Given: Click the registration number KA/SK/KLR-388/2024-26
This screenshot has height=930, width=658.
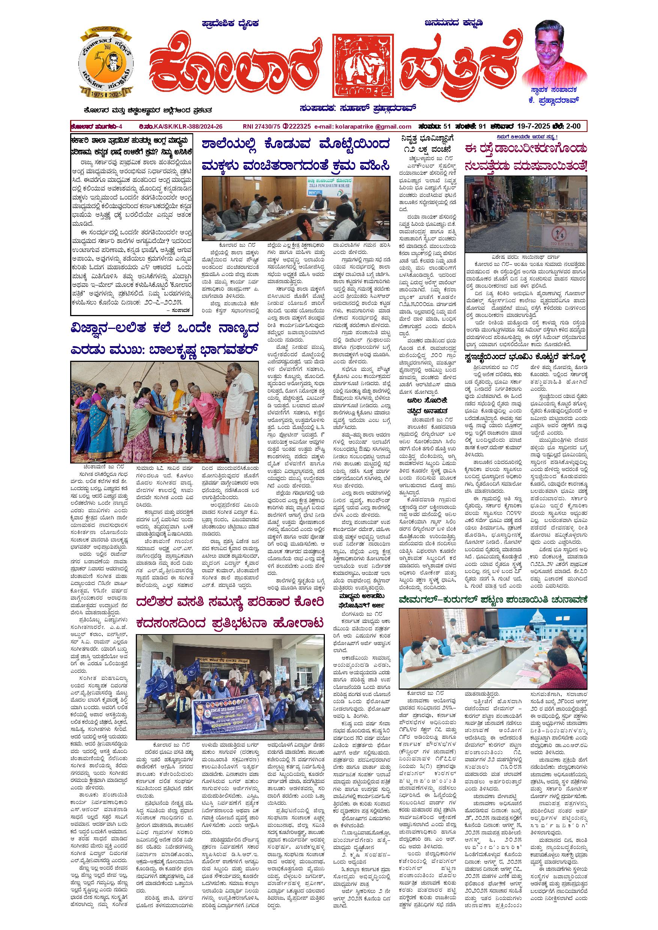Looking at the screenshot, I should click(x=188, y=126).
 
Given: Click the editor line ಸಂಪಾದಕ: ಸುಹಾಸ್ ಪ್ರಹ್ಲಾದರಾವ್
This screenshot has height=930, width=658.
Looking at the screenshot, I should click(x=358, y=108).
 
